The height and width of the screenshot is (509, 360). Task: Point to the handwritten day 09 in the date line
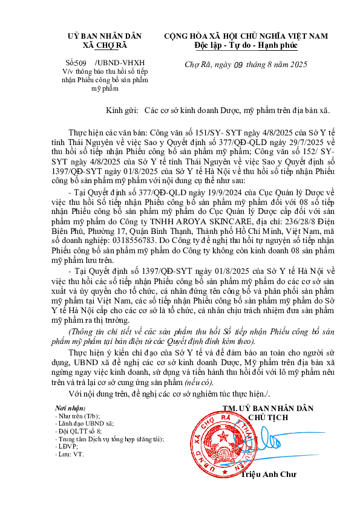coord(238,65)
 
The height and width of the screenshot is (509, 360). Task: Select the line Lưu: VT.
coord(69,453)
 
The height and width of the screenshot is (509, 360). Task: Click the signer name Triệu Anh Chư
coord(266,474)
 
